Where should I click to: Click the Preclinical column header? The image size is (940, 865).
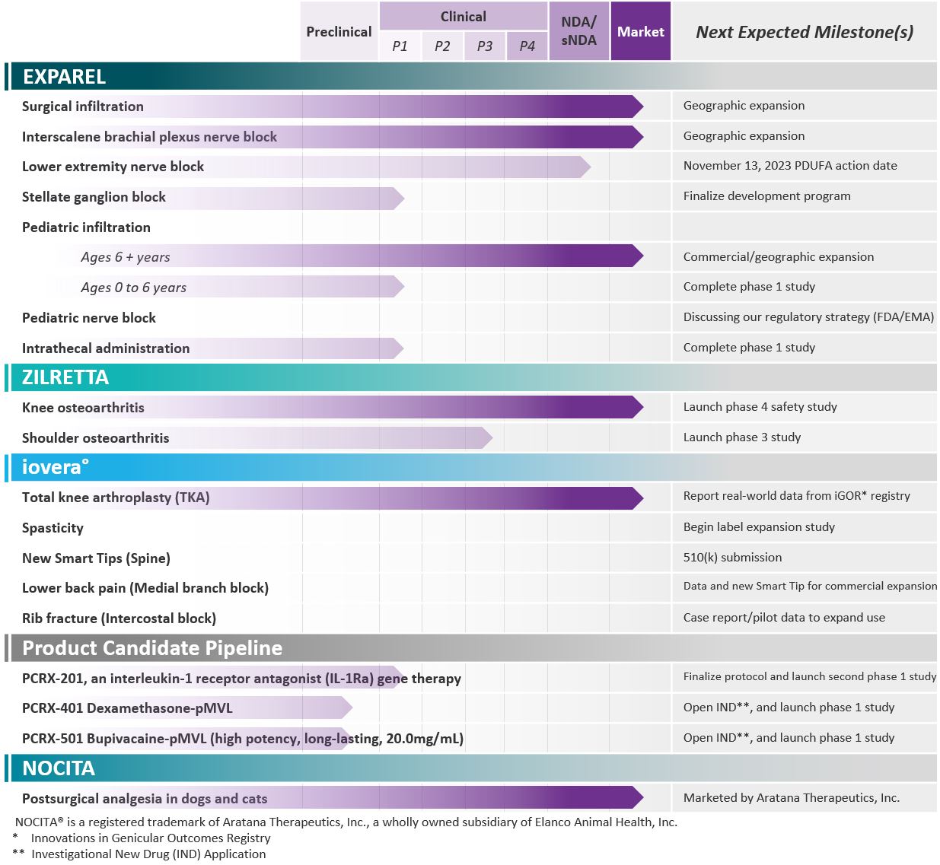pyautogui.click(x=339, y=32)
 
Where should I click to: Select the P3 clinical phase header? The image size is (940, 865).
pyautogui.click(x=484, y=46)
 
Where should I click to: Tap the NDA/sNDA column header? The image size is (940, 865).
pyautogui.click(x=578, y=31)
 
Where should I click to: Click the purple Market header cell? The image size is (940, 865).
pyautogui.click(x=640, y=32)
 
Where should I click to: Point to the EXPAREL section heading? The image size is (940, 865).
pyautogui.click(x=64, y=77)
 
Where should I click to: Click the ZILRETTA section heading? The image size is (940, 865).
pyautogui.click(x=65, y=377)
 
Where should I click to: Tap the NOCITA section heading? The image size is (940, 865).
pyautogui.click(x=59, y=768)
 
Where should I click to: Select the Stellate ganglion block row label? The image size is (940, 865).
pyautogui.click(x=94, y=197)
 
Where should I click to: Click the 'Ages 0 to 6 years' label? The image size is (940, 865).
pyautogui.click(x=133, y=288)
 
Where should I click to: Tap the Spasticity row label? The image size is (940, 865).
pyautogui.click(x=53, y=528)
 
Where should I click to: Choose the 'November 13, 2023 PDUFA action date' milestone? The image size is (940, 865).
pyautogui.click(x=789, y=166)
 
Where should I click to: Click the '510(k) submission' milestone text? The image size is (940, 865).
pyautogui.click(x=732, y=558)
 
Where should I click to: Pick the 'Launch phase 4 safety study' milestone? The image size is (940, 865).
pyautogui.click(x=760, y=407)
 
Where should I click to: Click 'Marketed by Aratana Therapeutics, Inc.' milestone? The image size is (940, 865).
pyautogui.click(x=791, y=798)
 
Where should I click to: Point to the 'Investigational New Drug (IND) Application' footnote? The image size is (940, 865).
pyautogui.click(x=148, y=854)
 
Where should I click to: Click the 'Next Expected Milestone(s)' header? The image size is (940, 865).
pyautogui.click(x=804, y=32)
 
